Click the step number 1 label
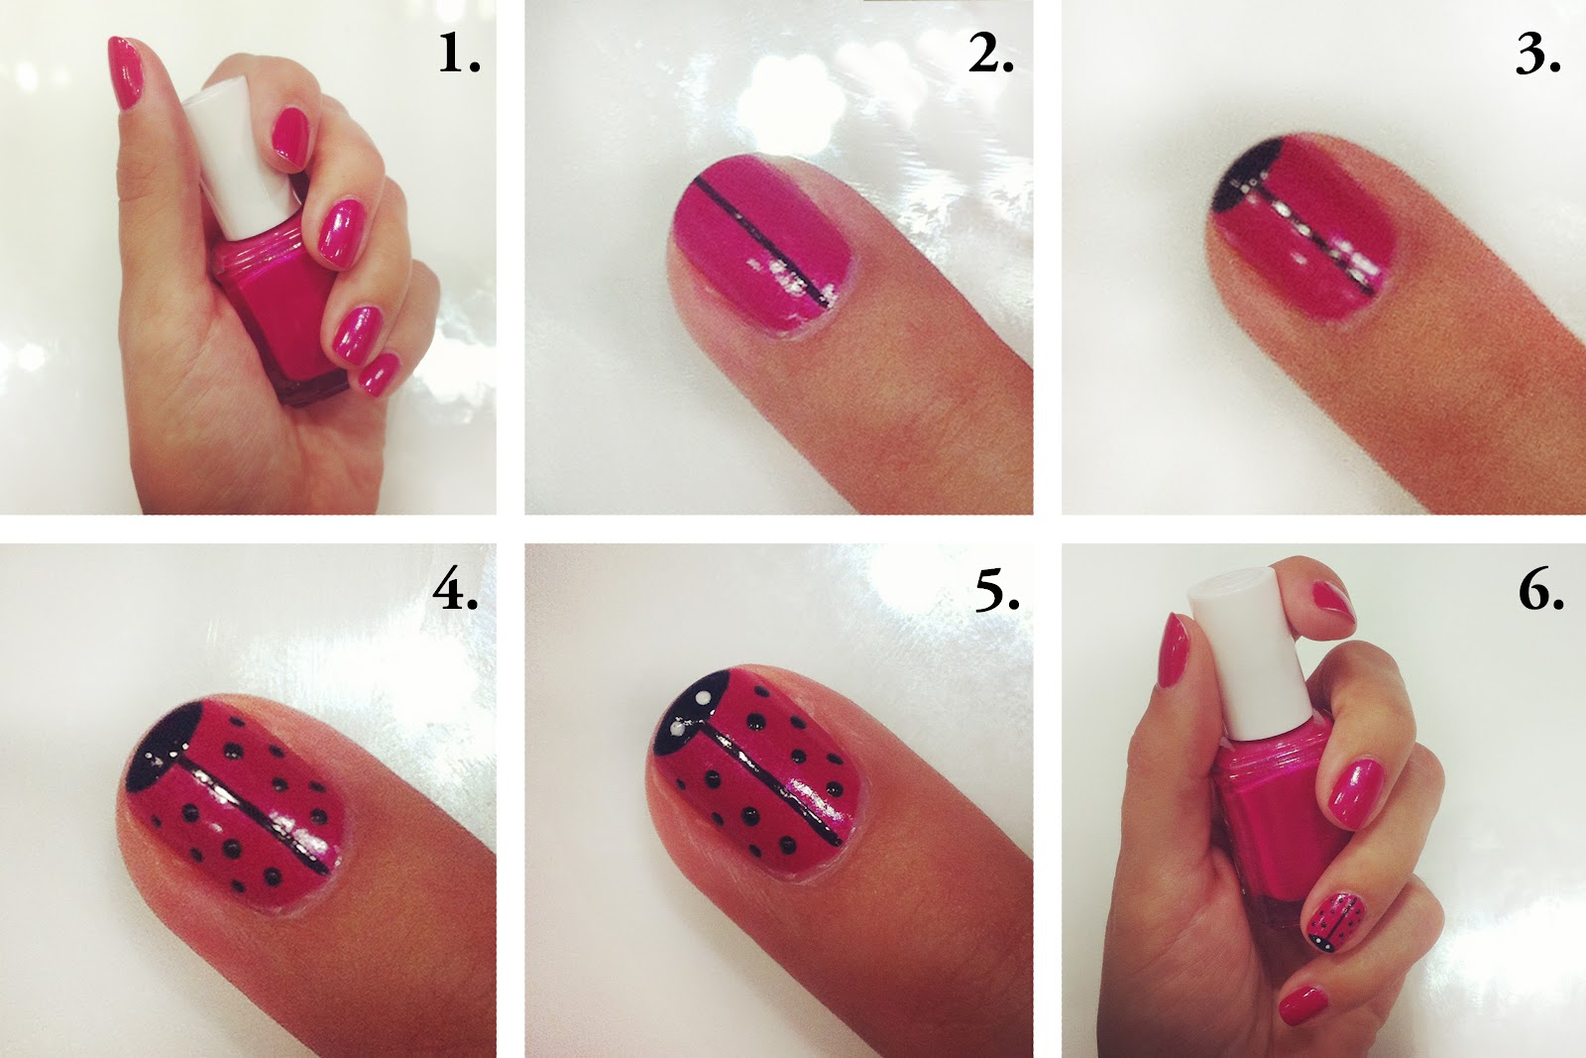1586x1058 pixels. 459,55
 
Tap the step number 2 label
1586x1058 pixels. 990,55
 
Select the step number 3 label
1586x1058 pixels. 1537,55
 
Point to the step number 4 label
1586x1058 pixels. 455,591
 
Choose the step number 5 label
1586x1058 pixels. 997,591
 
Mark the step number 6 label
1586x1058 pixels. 1540,591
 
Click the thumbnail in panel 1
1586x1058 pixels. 125,72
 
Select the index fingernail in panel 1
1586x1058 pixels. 290,135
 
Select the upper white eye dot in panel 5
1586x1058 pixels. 702,698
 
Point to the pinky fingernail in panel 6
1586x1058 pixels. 1303,1005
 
